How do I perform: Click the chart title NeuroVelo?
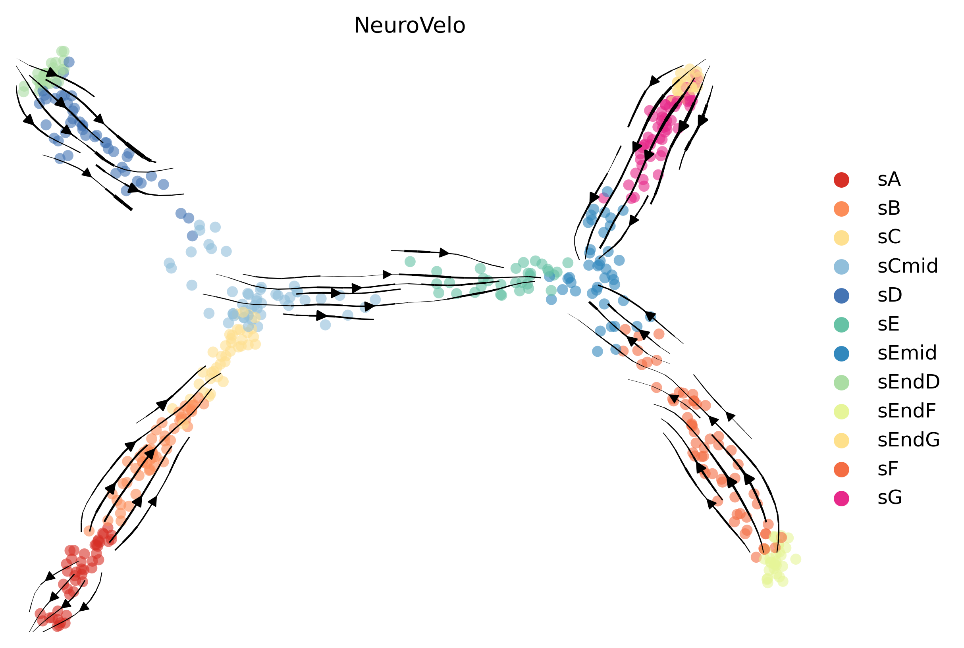(x=409, y=26)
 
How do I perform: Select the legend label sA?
(x=889, y=180)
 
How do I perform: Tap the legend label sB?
(x=889, y=209)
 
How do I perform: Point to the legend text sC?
(x=889, y=238)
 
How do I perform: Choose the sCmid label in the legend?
(x=907, y=267)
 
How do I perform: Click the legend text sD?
(x=890, y=296)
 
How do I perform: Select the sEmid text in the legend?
(x=907, y=353)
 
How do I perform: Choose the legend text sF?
(x=887, y=469)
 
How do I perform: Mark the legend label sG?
(x=890, y=498)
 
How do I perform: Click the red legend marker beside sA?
(x=842, y=180)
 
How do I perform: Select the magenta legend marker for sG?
(x=842, y=498)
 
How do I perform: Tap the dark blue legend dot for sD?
(x=842, y=296)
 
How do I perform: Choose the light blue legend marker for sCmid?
(x=842, y=267)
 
